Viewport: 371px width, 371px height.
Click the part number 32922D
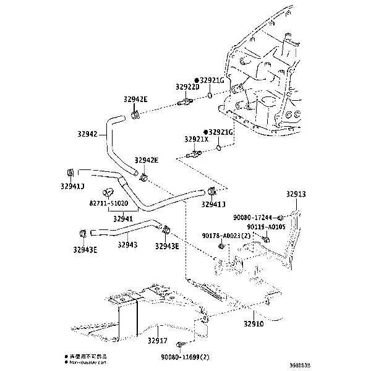point(187,88)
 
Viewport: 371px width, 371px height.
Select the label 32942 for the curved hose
point(89,134)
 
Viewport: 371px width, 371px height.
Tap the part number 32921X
point(197,140)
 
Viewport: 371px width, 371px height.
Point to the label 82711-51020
point(108,203)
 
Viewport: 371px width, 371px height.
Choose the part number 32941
point(122,218)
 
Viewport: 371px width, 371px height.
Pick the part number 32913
point(296,194)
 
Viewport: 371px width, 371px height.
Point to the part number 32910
point(253,323)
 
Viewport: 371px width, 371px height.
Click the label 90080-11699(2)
point(186,357)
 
